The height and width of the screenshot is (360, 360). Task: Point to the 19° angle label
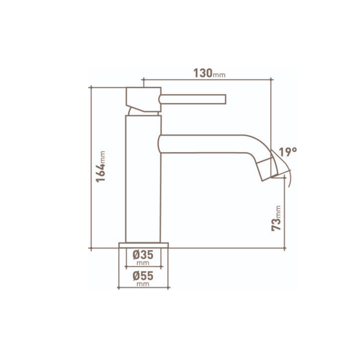click(x=288, y=152)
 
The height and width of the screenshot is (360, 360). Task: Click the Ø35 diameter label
click(x=143, y=254)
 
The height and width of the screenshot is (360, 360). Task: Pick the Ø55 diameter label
click(x=143, y=276)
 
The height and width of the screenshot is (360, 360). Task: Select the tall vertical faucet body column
click(x=143, y=180)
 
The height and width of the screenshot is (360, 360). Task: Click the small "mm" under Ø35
click(x=143, y=263)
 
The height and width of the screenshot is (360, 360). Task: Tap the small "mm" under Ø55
click(x=143, y=284)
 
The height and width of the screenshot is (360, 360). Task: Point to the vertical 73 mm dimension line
click(x=284, y=216)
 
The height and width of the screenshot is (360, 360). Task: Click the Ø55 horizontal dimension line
click(x=143, y=287)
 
